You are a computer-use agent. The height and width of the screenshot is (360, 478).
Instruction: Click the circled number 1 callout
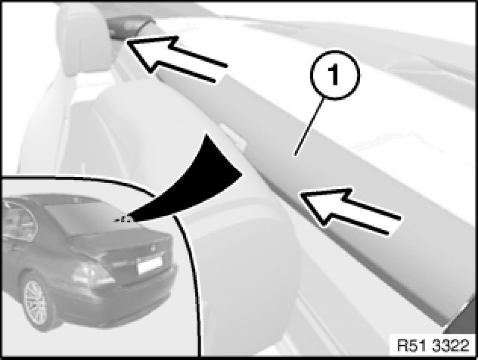pos(335,75)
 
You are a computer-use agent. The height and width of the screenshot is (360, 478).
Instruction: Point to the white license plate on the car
pos(149,264)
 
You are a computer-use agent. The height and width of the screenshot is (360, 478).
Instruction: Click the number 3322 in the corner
pos(451,346)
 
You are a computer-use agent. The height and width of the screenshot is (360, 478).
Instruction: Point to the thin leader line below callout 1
pos(309,127)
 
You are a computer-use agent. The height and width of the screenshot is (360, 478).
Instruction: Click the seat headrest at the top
pos(83,37)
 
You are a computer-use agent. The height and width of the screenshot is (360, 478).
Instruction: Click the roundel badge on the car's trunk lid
pos(152,248)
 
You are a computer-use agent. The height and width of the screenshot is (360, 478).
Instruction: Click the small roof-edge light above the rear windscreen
pos(75,199)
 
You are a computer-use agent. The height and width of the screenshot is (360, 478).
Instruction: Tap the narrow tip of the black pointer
pos(117,220)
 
